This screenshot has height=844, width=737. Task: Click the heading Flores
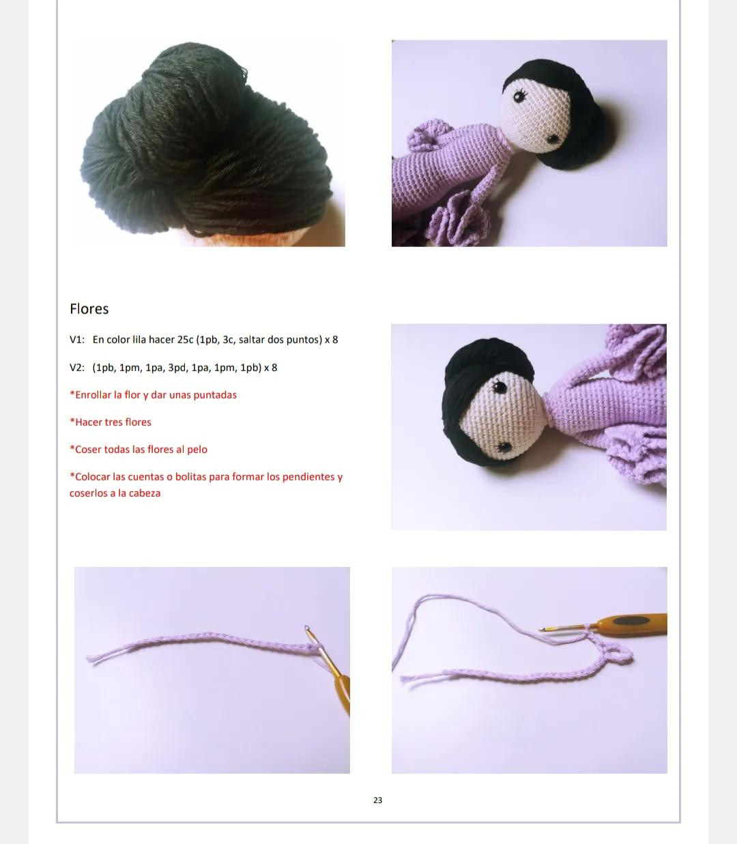click(x=89, y=309)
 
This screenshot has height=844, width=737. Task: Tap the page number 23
click(x=377, y=800)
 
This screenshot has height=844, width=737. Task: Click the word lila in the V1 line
click(x=141, y=340)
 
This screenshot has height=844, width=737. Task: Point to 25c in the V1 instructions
click(x=185, y=340)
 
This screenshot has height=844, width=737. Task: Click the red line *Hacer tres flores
click(x=111, y=422)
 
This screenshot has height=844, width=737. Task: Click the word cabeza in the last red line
click(x=144, y=493)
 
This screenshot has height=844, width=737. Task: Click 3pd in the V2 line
click(x=178, y=368)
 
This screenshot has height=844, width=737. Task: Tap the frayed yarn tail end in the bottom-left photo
click(x=96, y=660)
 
